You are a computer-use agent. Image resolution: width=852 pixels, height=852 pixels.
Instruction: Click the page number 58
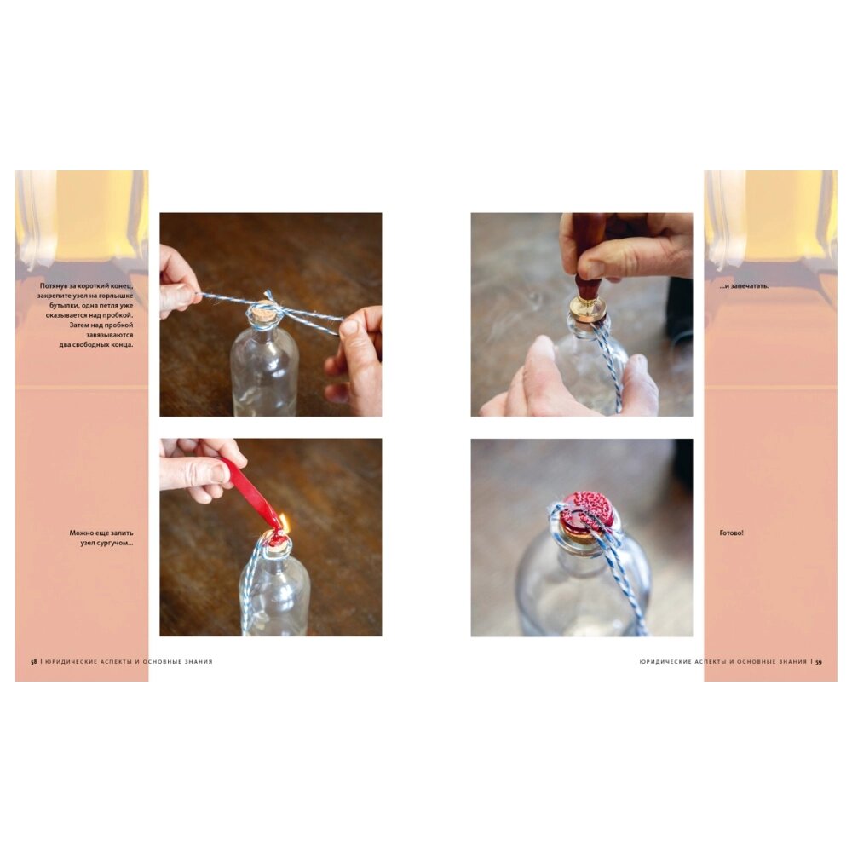34,662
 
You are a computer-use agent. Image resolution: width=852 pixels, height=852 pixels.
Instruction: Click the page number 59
818,662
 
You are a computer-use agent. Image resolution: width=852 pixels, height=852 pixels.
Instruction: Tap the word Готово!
731,533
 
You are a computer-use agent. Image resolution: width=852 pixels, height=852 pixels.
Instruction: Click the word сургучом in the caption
115,542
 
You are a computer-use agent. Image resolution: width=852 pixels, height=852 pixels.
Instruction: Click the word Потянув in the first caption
53,285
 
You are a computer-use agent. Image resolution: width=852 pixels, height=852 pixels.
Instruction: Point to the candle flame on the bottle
285,523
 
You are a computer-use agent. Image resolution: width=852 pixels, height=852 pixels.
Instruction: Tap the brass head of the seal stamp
588,309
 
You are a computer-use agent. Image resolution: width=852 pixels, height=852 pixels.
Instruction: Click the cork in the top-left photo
262,314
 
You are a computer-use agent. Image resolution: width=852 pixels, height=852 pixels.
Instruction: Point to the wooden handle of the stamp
589,256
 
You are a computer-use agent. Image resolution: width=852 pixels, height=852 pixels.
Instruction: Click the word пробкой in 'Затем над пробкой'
119,325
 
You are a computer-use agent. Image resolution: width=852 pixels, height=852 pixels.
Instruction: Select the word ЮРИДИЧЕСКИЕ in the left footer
72,662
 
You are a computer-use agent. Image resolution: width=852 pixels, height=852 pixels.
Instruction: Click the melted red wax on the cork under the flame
277,539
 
